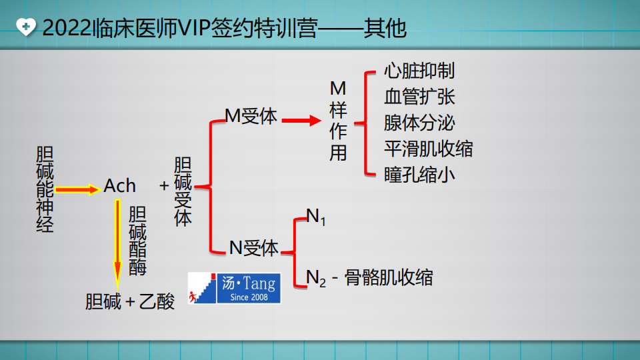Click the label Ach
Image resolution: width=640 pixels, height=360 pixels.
pyautogui.click(x=120, y=186)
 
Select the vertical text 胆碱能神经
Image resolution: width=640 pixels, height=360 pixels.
pyautogui.click(x=45, y=189)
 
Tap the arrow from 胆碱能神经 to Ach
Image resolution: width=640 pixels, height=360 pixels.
pyautogui.click(x=77, y=190)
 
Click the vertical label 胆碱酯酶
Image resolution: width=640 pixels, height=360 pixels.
pyautogui.click(x=137, y=241)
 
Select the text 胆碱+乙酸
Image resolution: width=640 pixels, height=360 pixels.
pyautogui.click(x=130, y=301)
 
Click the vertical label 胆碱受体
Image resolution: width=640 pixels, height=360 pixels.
pyautogui.click(x=182, y=192)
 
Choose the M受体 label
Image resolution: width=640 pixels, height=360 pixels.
pyautogui.click(x=251, y=116)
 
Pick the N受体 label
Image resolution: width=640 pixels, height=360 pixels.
pyautogui.click(x=254, y=247)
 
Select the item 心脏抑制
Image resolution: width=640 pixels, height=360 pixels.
pyautogui.click(x=419, y=70)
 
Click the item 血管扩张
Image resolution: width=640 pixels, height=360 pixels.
pyautogui.click(x=419, y=96)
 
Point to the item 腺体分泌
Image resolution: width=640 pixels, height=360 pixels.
pyautogui.click(x=419, y=122)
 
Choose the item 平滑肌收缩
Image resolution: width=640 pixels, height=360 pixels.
pyautogui.click(x=428, y=148)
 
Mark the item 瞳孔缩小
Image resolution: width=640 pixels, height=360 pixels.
pyautogui.click(x=419, y=174)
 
